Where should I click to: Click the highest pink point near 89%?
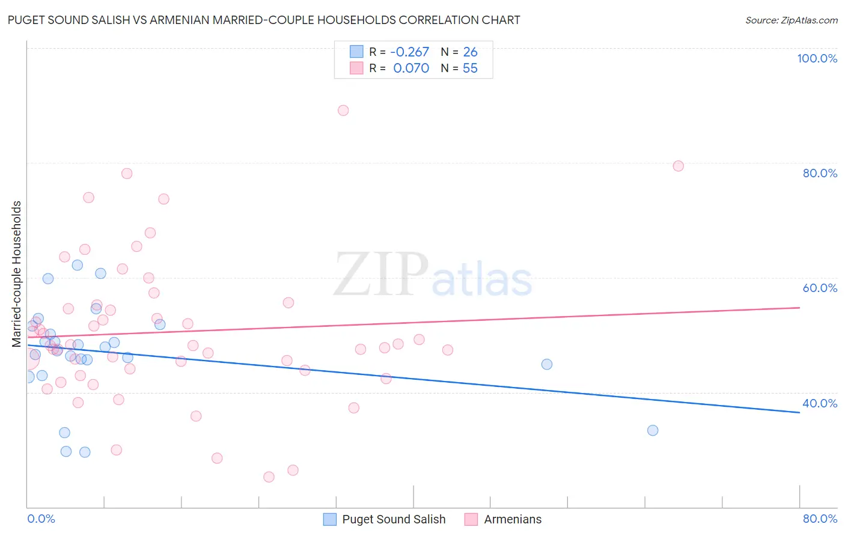coord(343,111)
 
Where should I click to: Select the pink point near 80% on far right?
coord(679,166)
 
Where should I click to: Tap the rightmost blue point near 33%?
coord(653,430)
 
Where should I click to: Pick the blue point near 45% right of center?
coord(547,364)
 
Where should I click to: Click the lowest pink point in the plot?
coord(269,477)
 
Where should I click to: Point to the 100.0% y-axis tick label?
coord(817,58)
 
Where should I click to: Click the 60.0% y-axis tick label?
coord(820,288)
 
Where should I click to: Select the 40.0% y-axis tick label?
coord(820,403)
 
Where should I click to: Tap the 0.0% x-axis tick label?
coord(41,519)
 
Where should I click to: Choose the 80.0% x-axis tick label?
coord(820,519)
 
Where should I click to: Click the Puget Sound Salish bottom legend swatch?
coord(330,519)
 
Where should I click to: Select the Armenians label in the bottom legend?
coord(513,519)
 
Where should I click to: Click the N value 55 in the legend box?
coord(470,69)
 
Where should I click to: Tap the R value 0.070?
coord(411,69)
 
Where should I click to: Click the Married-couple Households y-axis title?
coord(17,274)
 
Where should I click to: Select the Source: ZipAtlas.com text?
coord(792,20)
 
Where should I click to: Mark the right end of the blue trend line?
coord(799,412)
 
